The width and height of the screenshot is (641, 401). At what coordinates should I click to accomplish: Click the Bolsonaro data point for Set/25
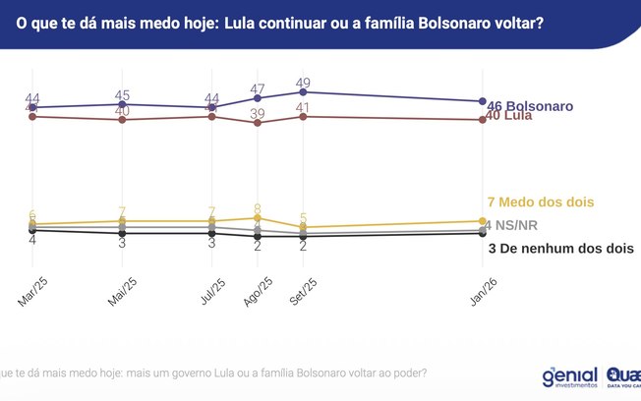(x=303, y=91)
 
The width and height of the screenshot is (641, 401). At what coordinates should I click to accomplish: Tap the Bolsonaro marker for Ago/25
(x=258, y=98)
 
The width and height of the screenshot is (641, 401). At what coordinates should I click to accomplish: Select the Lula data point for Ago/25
(x=258, y=123)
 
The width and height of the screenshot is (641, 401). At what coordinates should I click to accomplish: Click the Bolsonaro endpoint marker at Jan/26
(x=482, y=101)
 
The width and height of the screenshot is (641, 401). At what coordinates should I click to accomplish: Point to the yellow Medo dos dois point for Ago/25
(x=258, y=218)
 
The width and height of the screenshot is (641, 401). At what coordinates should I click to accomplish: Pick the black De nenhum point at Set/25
(x=303, y=236)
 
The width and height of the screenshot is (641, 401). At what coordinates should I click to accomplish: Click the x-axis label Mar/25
(x=32, y=292)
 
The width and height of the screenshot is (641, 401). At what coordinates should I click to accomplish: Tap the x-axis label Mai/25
(x=121, y=292)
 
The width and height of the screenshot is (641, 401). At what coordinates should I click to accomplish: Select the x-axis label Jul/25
(x=212, y=292)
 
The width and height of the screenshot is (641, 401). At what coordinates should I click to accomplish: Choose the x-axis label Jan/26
(x=482, y=292)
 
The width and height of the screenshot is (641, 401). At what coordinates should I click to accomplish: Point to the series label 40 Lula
(x=517, y=118)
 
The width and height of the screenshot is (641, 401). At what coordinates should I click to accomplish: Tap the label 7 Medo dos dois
(x=541, y=201)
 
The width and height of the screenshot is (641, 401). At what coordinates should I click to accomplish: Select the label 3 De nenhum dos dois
(x=560, y=250)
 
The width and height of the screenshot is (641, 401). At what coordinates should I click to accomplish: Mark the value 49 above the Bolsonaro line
(x=303, y=82)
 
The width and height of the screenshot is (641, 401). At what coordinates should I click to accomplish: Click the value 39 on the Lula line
(x=258, y=114)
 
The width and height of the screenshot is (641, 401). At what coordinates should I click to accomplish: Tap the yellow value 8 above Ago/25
(x=258, y=208)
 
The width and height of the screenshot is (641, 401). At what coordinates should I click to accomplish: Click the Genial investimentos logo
(x=569, y=378)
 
